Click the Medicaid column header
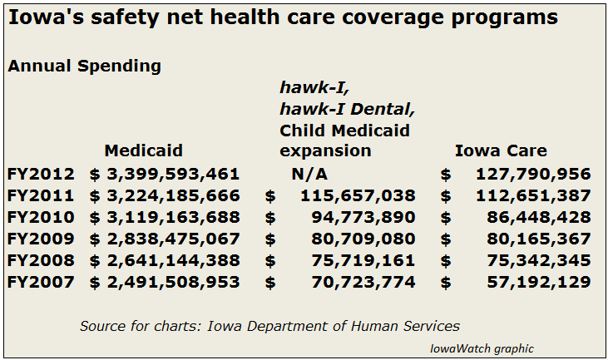143,150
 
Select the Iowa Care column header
501,150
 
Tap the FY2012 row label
41,174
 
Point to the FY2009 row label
41,239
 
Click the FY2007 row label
41,282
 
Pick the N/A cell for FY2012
309,174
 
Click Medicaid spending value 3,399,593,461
173,174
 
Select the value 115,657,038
358,195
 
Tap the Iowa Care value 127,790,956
533,174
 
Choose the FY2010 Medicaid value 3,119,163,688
173,217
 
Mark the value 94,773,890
363,217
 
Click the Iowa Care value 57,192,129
539,282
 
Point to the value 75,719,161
363,260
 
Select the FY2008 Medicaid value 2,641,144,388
173,260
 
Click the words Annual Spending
84,67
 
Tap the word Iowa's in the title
46,17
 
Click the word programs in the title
505,18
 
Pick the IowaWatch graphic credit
482,348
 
